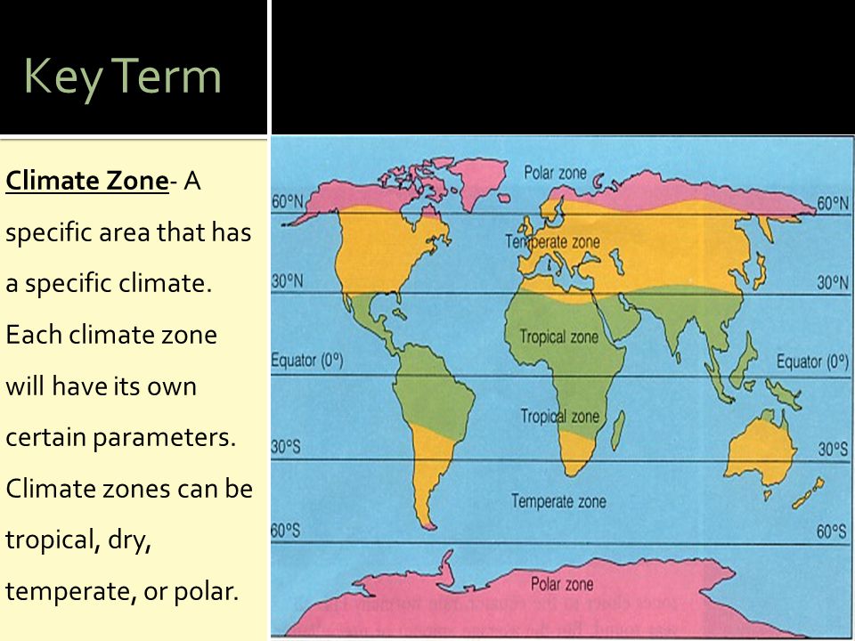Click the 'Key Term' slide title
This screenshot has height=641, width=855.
click(123, 77)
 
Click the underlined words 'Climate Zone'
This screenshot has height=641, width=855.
click(87, 181)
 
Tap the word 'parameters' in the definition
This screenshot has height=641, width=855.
click(164, 438)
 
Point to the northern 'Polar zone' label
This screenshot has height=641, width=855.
click(555, 174)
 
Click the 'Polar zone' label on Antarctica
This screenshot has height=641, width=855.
click(562, 584)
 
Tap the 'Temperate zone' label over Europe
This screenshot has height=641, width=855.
click(552, 241)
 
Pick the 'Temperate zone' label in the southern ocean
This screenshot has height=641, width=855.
click(559, 501)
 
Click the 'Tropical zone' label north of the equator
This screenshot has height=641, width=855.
click(559, 337)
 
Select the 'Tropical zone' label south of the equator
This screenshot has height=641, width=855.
click(560, 417)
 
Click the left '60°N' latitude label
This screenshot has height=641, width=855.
click(288, 202)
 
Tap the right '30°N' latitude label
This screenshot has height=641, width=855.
click(833, 282)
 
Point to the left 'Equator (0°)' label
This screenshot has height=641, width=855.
click(307, 361)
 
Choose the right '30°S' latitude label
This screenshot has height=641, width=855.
click(833, 449)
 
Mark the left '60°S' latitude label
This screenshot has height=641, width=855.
click(286, 531)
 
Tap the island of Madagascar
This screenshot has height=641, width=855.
click(618, 431)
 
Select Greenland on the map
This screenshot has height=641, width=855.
click(478, 181)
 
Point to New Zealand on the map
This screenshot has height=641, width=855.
click(807, 493)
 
